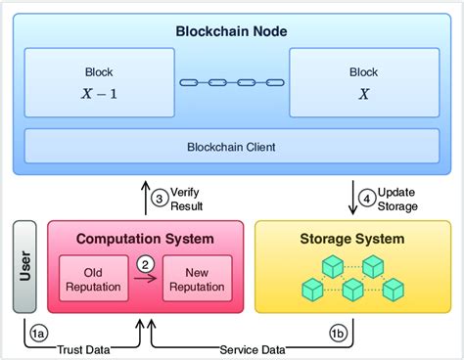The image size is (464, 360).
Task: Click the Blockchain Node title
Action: tap(232, 29)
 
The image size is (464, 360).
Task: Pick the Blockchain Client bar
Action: tap(231, 147)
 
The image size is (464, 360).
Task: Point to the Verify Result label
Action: tap(187, 200)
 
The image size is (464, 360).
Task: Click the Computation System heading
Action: tap(145, 238)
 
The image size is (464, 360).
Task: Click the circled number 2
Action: tap(144, 262)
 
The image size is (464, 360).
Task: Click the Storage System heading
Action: tap(349, 238)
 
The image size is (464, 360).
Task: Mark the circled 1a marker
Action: tap(38, 334)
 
